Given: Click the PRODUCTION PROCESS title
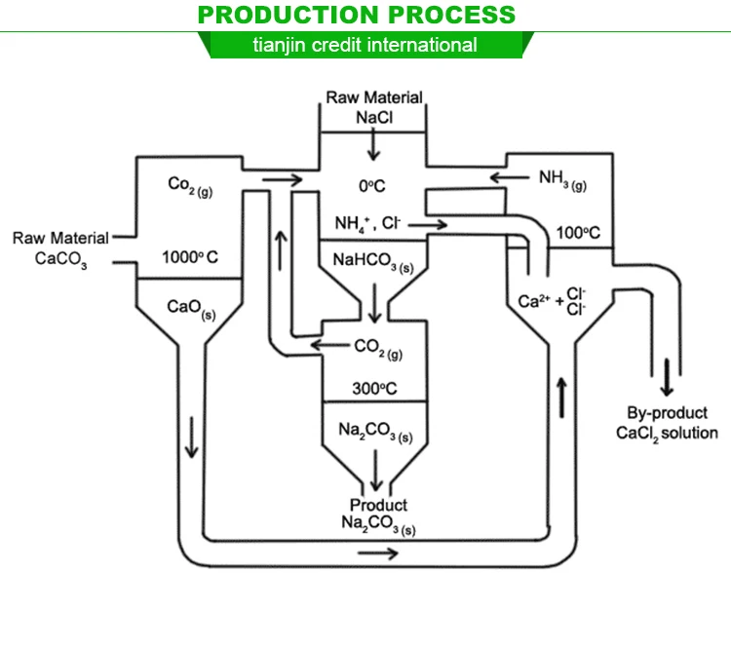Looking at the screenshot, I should pos(356,15).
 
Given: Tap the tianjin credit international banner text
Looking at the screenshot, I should pos(365,45).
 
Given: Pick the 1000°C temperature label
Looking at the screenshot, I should pos(190,257).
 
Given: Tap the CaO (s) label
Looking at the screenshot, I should pos(184,306).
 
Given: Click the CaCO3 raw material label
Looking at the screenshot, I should pos(61,258).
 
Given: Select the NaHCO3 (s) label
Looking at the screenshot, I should pos(373,263).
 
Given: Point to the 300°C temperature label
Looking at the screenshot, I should pos(374,388).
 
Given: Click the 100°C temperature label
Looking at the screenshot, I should pos(578,233).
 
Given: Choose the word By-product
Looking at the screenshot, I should pos(668,413).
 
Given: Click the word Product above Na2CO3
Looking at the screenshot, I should pos(378,505).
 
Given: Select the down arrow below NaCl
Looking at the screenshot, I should pos(374,144).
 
